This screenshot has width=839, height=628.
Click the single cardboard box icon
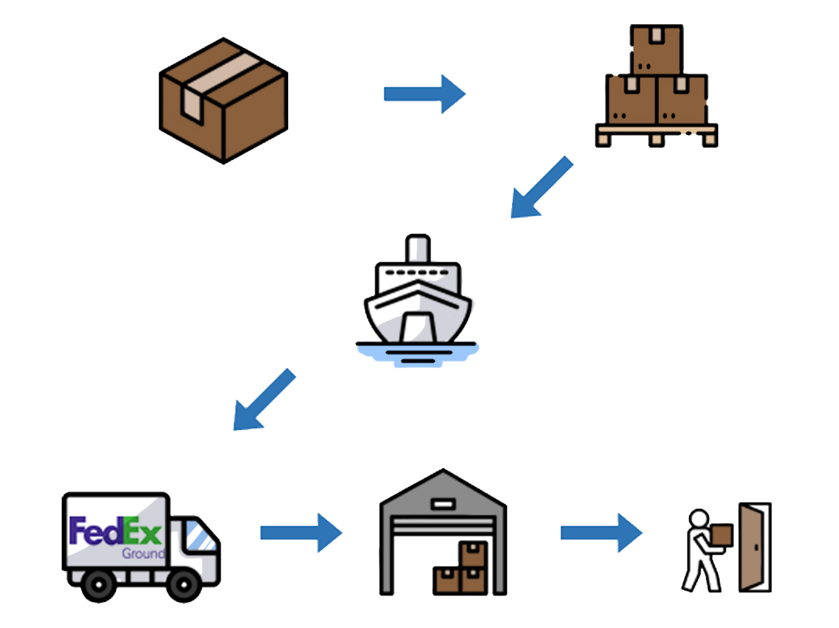click(x=223, y=101)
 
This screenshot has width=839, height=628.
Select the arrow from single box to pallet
click(x=424, y=94)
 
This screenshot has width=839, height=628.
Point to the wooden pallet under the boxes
click(x=656, y=134)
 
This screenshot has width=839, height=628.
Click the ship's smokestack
click(x=417, y=248)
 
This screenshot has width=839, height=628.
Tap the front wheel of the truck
click(x=185, y=585)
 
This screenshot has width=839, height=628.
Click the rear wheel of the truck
click(x=97, y=585)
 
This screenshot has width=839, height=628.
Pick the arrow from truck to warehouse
click(x=301, y=532)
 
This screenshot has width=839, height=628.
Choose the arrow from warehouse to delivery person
click(x=601, y=532)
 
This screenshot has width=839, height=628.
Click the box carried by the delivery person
click(x=720, y=536)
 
